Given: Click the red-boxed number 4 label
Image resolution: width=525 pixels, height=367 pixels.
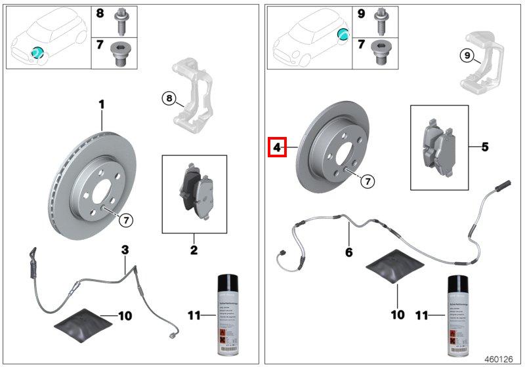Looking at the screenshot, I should tap(277, 147).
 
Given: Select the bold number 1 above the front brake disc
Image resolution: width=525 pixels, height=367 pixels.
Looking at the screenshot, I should tap(102, 104).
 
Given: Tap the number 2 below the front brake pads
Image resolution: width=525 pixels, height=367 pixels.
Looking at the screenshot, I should tap(194, 250).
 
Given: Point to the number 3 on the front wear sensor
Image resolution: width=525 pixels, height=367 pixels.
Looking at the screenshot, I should tap(125, 249).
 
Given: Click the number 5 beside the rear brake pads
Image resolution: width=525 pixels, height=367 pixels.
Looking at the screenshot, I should tap(485, 147).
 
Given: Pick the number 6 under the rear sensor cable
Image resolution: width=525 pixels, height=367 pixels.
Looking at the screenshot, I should tap(348, 252).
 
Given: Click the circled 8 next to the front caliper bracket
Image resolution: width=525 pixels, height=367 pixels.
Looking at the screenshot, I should tap(169, 99).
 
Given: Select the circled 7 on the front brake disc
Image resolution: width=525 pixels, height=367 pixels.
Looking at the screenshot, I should tap(125, 220).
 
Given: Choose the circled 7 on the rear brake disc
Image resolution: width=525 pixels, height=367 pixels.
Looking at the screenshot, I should tap(367, 180).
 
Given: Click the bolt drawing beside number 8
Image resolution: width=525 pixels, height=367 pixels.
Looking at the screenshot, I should tap(122, 23).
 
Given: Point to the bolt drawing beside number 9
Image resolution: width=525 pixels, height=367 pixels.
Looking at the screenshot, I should tap(381, 23).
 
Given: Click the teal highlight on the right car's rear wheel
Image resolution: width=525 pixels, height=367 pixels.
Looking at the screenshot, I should tap(343, 35).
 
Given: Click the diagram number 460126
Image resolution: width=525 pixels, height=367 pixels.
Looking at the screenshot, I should tap(499, 358).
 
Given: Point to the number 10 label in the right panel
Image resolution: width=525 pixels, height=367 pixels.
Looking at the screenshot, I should tap(397, 315).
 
